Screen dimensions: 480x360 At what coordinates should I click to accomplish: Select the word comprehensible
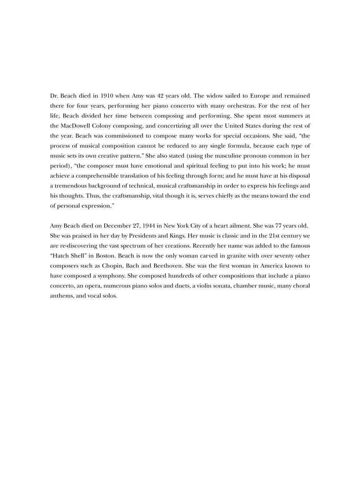(98, 176)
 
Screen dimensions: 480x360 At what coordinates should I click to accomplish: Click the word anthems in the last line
(62, 296)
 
